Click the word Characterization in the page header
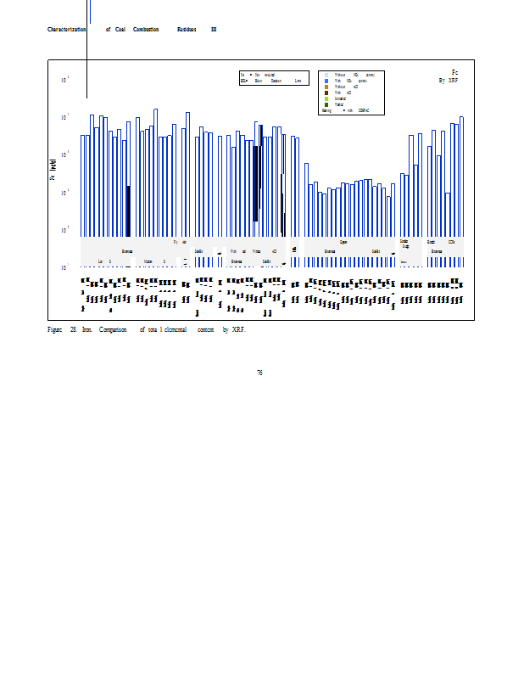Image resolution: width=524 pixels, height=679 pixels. [x=67, y=30]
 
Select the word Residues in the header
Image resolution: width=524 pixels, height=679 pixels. [x=187, y=30]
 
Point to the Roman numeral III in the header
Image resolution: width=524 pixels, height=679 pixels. [x=214, y=30]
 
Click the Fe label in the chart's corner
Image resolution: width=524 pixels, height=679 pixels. [x=455, y=73]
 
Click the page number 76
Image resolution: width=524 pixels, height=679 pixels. [x=259, y=373]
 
